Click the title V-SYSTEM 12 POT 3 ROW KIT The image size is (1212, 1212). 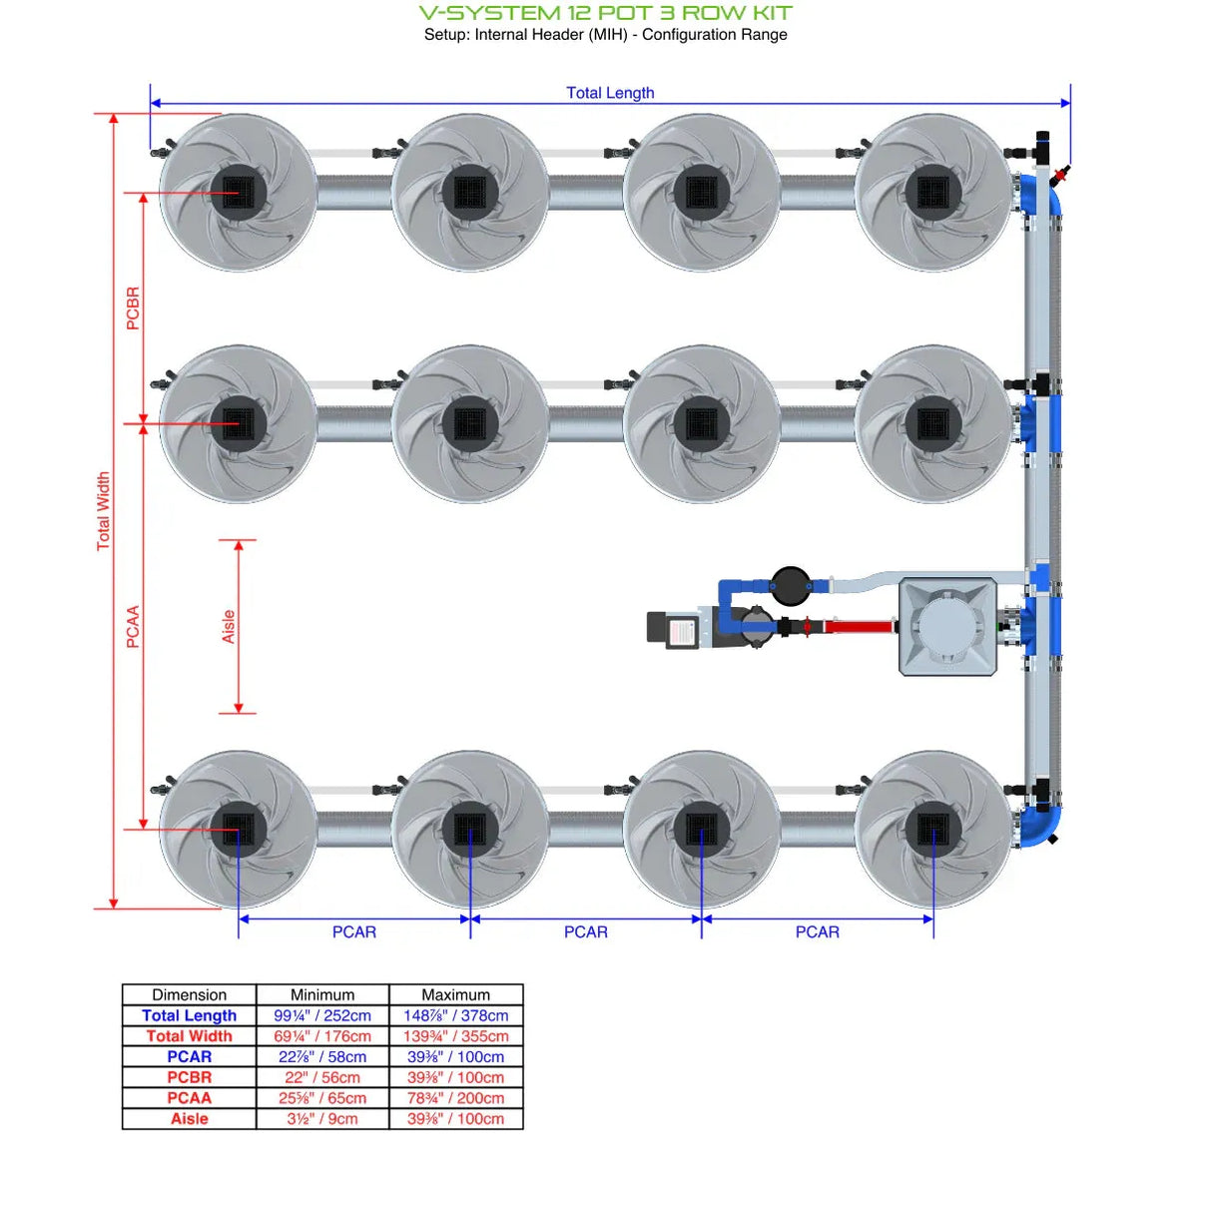click(x=605, y=13)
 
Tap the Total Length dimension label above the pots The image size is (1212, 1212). click(x=610, y=93)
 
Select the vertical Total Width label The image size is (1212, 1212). click(x=103, y=511)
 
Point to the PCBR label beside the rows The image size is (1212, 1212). click(x=133, y=308)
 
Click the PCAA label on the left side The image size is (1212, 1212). click(x=133, y=627)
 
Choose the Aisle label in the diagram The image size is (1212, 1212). click(x=229, y=627)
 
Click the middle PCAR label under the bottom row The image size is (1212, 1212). click(x=585, y=932)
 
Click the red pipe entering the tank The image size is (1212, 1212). click(x=859, y=627)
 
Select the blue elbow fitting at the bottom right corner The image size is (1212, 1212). click(x=1040, y=825)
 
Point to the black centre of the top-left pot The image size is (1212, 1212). click(x=238, y=192)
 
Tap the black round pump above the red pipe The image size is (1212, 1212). click(x=790, y=586)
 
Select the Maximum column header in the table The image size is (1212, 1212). click(x=455, y=994)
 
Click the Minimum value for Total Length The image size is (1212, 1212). click(x=322, y=1015)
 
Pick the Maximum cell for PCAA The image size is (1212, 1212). click(x=455, y=1098)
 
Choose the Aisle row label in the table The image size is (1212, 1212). click(x=189, y=1119)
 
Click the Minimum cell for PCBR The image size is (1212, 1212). click(x=322, y=1077)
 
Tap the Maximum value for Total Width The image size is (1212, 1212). click(x=455, y=1036)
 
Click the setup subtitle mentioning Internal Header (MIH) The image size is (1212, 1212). click(x=605, y=35)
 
